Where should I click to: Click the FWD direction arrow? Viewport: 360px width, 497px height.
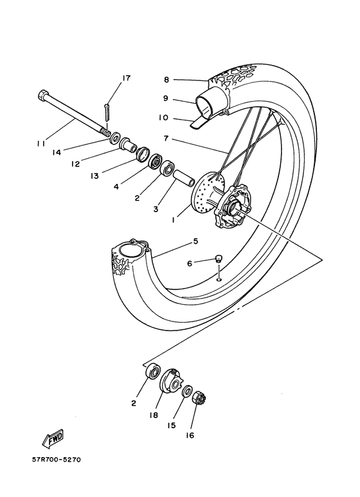click(x=53, y=439)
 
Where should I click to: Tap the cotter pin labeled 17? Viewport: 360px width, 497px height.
click(x=107, y=113)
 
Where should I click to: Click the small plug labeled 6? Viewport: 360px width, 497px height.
click(x=217, y=258)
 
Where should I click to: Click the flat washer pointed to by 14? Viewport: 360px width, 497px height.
click(x=114, y=137)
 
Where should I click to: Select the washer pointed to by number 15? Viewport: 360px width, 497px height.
click(x=188, y=390)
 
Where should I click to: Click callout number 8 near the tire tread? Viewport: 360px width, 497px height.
click(x=166, y=80)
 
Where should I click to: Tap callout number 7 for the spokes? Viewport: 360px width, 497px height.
click(x=166, y=138)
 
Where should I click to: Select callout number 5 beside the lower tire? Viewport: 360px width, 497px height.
click(x=195, y=242)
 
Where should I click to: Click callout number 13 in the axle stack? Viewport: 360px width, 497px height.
click(x=94, y=176)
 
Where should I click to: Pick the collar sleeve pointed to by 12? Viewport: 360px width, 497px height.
click(x=128, y=144)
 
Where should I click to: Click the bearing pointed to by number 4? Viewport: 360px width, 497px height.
click(x=156, y=161)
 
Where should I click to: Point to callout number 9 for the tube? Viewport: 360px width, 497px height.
click(x=166, y=98)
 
